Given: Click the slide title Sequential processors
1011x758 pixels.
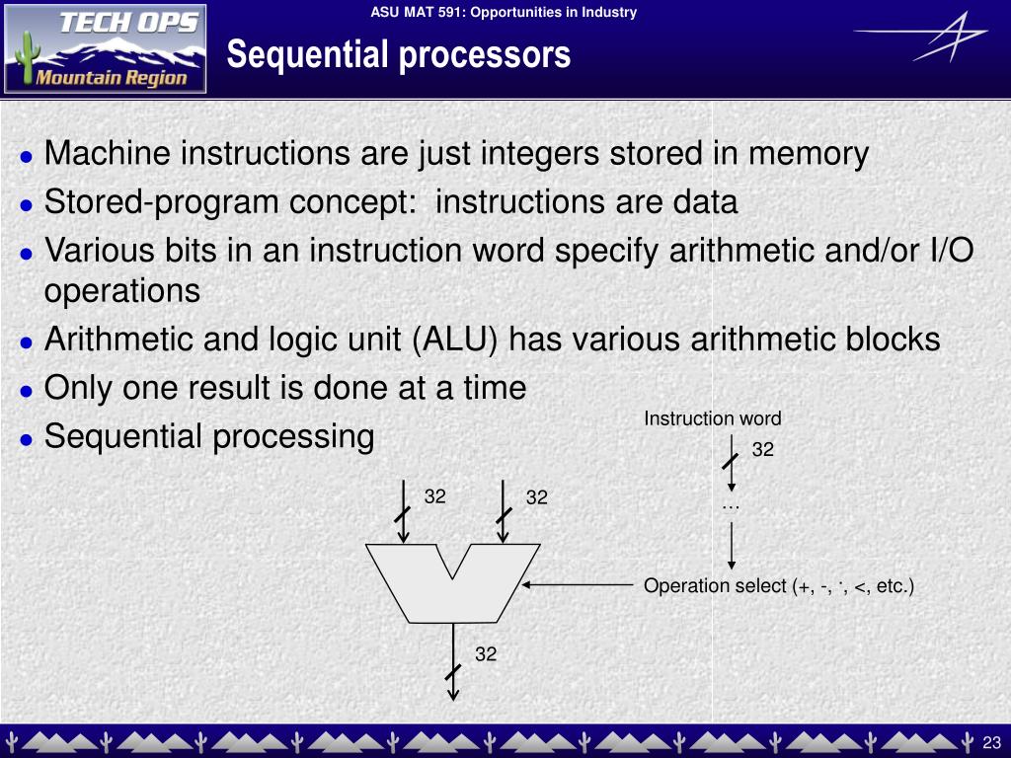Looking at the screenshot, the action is pos(399,54).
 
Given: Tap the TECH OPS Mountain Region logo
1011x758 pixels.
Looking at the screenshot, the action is pos(105,49).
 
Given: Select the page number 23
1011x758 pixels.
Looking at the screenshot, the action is pos(991,742).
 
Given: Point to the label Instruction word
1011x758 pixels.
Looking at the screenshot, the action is pos(713,418).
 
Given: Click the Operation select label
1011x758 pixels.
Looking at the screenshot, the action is pos(779,586).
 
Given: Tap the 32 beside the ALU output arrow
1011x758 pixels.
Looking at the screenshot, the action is pos(486,654).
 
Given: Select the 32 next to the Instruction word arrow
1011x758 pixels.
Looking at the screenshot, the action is pos(763,449).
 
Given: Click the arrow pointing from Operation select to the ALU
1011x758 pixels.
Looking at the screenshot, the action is pos(577,585).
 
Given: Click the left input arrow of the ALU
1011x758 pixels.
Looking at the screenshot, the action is pos(403,511).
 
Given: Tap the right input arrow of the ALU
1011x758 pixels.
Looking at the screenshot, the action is pos(503,511).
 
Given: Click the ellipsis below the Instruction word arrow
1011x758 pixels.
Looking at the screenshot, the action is pos(731,508).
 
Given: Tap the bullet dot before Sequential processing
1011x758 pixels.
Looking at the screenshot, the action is pos(27,439).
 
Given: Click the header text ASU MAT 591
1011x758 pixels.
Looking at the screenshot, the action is pos(416,12).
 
